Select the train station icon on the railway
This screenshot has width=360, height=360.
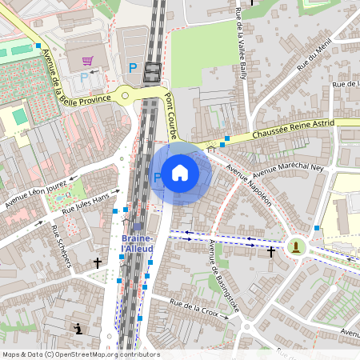[x=150, y=74]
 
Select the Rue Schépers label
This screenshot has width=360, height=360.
[x=61, y=246]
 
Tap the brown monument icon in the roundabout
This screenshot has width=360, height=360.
[x=298, y=246]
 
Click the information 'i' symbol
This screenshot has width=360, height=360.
[x=78, y=329]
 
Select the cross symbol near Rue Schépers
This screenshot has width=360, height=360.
[x=98, y=262]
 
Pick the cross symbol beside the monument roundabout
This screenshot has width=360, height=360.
[x=271, y=252]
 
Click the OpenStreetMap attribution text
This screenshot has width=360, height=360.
[x=80, y=354]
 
